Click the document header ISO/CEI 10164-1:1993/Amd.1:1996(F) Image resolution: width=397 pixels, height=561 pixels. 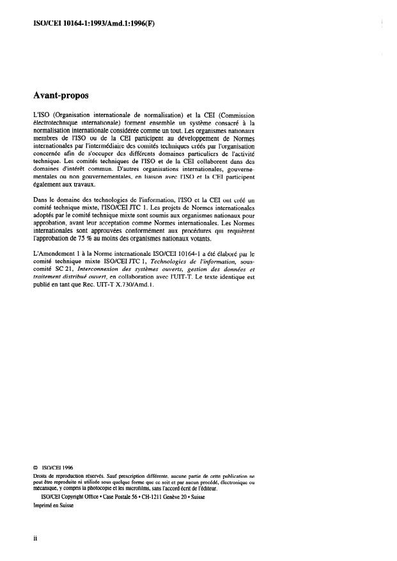pyautogui.click(x=83, y=24)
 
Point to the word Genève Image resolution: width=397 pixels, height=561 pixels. pyautogui.click(x=165, y=496)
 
